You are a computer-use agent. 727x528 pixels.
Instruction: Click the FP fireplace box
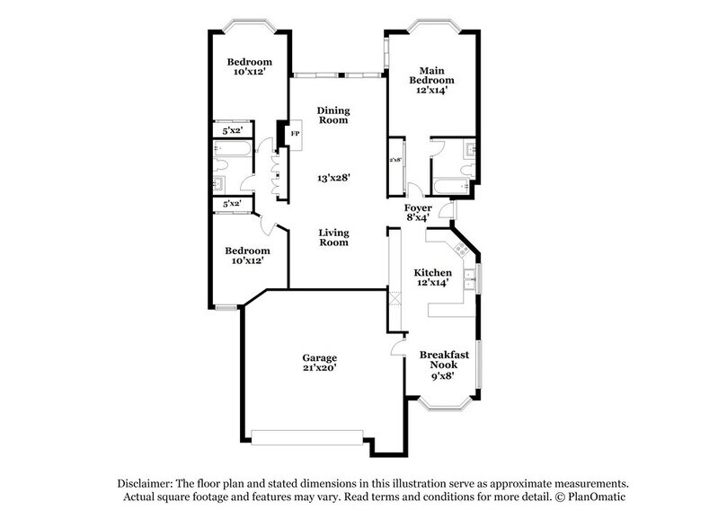pyautogui.click(x=295, y=135)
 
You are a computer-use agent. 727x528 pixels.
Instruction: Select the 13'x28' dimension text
pyautogui.click(x=333, y=178)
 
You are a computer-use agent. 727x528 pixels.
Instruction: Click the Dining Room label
pyautogui.click(x=332, y=115)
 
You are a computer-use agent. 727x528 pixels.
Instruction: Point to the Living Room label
pyautogui.click(x=333, y=238)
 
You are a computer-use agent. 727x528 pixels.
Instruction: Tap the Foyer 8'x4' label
pyautogui.click(x=418, y=213)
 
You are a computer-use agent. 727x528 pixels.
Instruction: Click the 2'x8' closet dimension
pyautogui.click(x=395, y=160)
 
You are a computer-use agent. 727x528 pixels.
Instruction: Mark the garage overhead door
pyautogui.click(x=307, y=437)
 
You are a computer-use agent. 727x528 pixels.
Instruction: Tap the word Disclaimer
pyautogui.click(x=145, y=484)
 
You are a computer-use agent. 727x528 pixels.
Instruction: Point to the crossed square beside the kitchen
pyautogui.click(x=395, y=299)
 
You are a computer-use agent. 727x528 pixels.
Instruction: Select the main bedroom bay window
pyautogui.click(x=432, y=25)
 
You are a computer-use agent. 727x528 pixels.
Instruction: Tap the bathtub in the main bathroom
pyautogui.click(x=450, y=187)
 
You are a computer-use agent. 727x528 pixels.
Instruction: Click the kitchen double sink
pyautogui.click(x=470, y=279)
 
